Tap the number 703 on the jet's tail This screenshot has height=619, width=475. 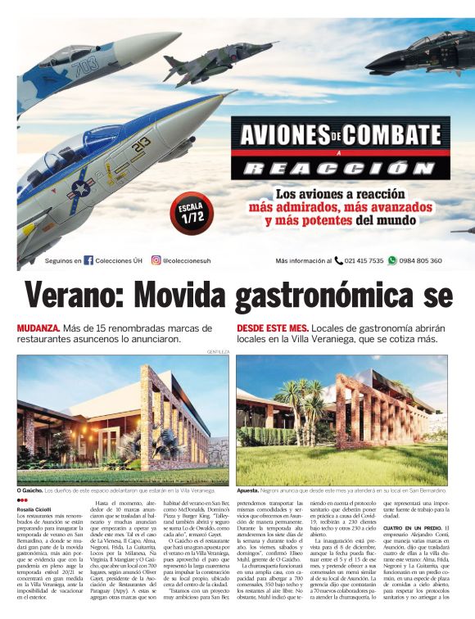[x=85, y=66]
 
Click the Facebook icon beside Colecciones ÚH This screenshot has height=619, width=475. [x=88, y=261]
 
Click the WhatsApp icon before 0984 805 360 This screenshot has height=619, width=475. [x=392, y=261]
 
